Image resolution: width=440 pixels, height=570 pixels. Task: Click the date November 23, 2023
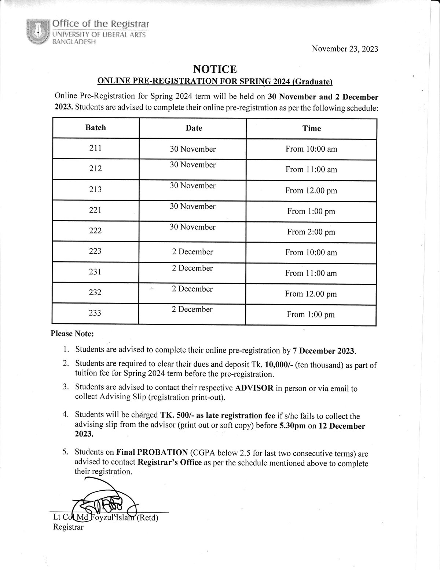coord(345,49)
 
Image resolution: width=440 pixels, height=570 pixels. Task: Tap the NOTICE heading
coord(215,69)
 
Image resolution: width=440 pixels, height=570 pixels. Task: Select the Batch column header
coord(96,128)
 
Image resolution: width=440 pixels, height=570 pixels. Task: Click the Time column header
coord(311,128)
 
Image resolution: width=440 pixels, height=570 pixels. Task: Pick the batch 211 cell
coord(96,148)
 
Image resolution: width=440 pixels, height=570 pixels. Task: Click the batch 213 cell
coord(96,189)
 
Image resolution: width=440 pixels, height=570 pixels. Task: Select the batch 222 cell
coord(96,231)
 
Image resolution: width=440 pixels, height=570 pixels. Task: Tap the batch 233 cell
coord(95,313)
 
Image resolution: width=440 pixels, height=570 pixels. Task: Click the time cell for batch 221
coord(311,211)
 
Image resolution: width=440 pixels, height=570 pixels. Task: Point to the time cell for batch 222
coord(311,232)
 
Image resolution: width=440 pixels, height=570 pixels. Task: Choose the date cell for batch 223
coord(192,252)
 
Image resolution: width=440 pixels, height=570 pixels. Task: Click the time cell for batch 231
coord(311,273)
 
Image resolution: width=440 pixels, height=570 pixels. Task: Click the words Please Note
coord(72,334)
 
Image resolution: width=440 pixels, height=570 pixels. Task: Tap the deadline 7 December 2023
coord(324,351)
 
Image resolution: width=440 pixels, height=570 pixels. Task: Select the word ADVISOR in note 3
coord(254,388)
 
